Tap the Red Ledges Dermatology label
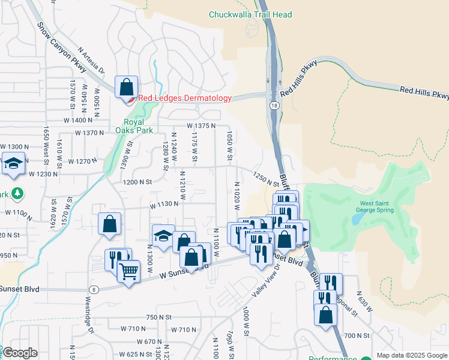pos(185,98)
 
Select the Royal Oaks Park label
pos(134,125)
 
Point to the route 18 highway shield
pos(274,105)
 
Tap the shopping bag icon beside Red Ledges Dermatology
pos(127,88)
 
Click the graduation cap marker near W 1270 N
pos(13,164)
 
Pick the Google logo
pos(20,353)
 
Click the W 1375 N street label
pos(200,126)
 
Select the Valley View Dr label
pos(264,281)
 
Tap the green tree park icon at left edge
pos(18,193)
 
